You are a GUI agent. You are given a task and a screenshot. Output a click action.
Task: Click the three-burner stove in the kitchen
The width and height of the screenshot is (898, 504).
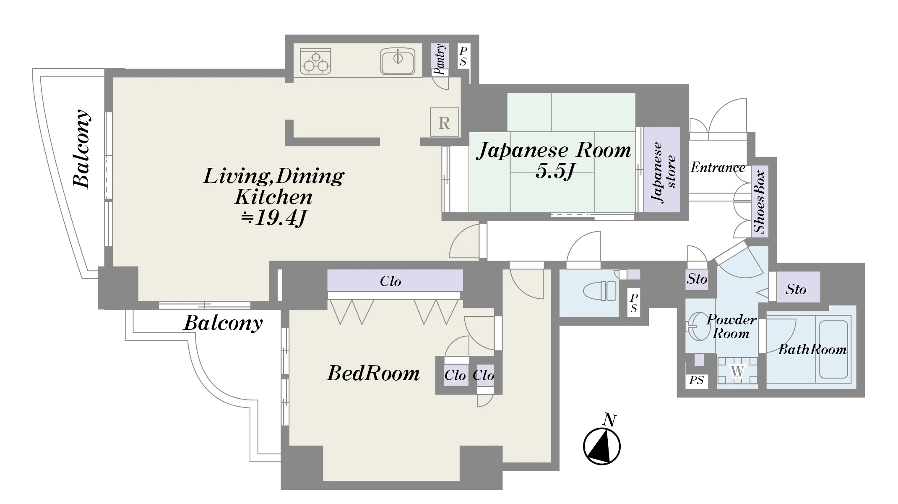pyautogui.click(x=315, y=62)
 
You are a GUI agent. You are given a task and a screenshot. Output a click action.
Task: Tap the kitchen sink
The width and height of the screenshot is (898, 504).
pyautogui.click(x=398, y=61)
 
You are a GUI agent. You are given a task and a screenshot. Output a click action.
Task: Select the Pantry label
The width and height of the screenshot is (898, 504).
pyautogui.click(x=440, y=59)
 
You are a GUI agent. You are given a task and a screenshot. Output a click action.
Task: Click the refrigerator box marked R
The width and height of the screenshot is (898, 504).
pyautogui.click(x=444, y=122)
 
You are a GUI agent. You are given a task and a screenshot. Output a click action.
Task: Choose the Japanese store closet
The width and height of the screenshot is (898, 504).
pyautogui.click(x=662, y=170)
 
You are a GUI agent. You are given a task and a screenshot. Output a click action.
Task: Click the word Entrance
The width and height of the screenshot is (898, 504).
pyautogui.click(x=718, y=167)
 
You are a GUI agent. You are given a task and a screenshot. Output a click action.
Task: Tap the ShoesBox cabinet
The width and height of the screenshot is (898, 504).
pyautogui.click(x=760, y=201)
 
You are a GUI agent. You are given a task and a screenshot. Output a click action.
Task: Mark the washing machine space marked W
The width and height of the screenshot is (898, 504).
pyautogui.click(x=737, y=371)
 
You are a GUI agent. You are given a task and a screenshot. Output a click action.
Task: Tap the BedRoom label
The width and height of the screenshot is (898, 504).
pyautogui.click(x=373, y=373)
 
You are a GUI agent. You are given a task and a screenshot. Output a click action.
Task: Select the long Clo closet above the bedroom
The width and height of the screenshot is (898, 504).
pyautogui.click(x=395, y=280)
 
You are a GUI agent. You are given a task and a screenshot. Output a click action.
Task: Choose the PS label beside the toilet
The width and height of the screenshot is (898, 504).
pyautogui.click(x=634, y=303)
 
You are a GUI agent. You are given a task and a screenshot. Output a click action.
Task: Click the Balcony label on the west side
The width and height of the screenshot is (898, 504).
pyautogui.click(x=81, y=149)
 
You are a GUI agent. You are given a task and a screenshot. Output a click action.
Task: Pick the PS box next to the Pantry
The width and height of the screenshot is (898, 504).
pyautogui.click(x=463, y=56)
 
